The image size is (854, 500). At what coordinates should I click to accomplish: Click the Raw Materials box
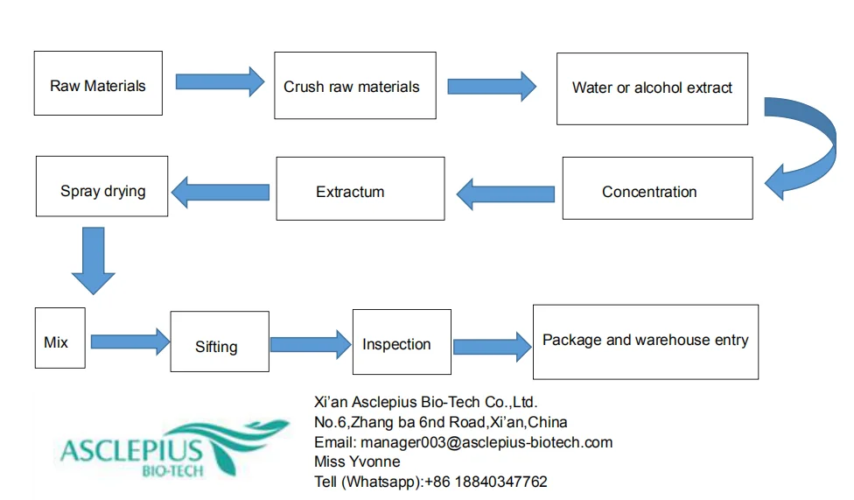coord(98,83)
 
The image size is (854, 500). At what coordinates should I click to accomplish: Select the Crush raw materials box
coord(355,86)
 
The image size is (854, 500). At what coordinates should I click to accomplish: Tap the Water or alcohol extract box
coord(652,88)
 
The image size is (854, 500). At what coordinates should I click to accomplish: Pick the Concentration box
coord(657,188)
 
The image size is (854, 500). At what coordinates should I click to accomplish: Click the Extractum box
coord(360,188)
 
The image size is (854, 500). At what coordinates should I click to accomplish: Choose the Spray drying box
coord(101,187)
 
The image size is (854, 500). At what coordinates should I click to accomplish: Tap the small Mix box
coord(59,338)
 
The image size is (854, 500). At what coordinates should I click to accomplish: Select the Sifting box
coord(220,342)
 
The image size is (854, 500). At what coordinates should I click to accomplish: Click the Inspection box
coord(402,342)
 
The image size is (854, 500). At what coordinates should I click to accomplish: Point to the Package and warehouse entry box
coord(646,342)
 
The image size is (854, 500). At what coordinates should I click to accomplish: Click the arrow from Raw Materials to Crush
coord(220,81)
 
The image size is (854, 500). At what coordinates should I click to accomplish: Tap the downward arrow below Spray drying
coord(93,261)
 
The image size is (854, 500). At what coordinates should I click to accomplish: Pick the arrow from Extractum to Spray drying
coord(220,192)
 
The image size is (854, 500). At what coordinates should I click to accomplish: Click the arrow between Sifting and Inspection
coord(311,345)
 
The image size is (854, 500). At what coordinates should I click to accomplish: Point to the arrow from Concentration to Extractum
coord(506,194)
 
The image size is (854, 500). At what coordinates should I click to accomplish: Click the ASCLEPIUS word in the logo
coord(131,451)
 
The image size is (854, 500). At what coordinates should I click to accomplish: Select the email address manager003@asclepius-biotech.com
coord(486,442)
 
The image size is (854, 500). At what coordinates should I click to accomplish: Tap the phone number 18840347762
coord(500,482)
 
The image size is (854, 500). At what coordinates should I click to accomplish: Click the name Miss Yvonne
coord(357,461)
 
